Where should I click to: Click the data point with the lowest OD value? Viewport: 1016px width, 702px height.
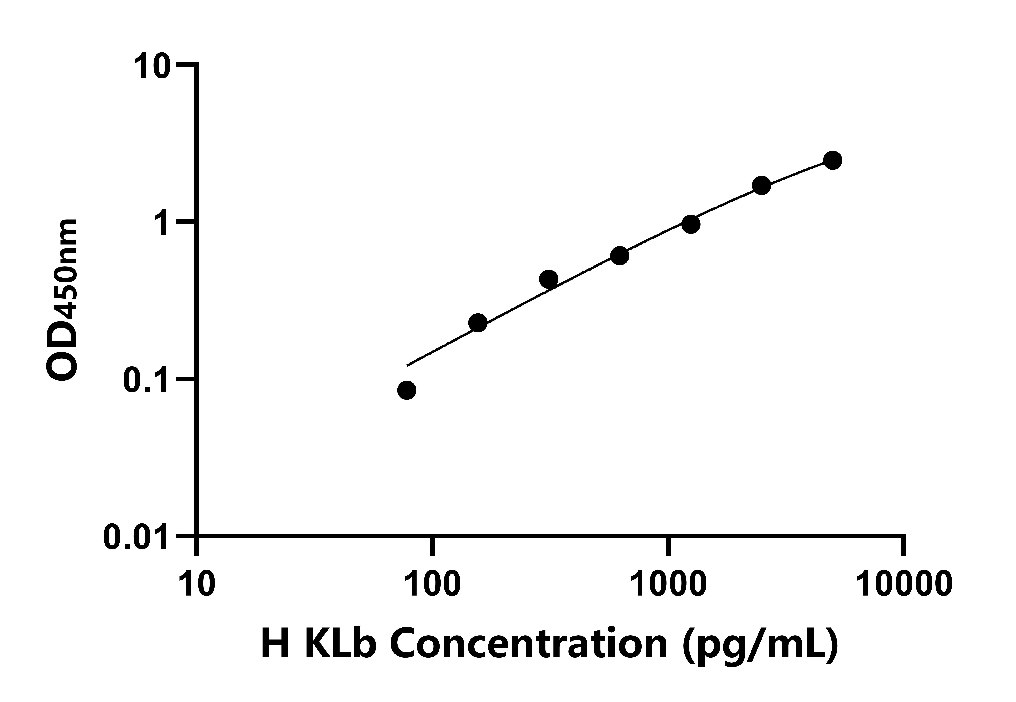406,390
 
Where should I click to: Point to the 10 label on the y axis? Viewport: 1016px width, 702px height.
152,66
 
